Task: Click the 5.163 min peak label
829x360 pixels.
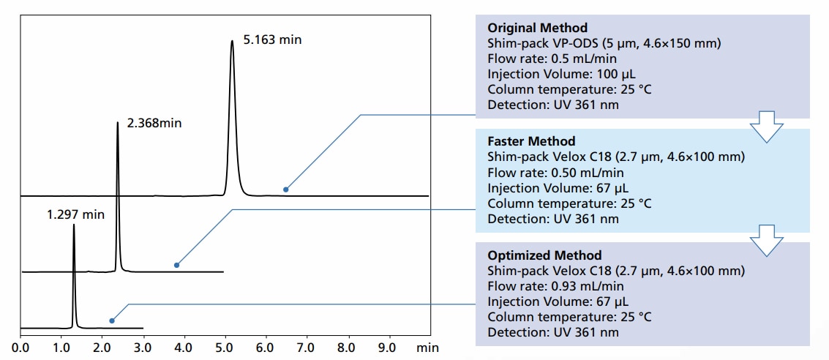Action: pos(272,40)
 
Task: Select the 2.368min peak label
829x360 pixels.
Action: pos(154,124)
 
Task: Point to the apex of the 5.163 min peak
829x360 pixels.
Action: pos(232,41)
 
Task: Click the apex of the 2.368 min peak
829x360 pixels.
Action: pos(117,122)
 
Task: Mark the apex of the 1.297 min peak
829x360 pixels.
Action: pos(74,225)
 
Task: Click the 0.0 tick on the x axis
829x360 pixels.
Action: pos(20,348)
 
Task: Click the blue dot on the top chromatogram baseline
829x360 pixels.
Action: pos(286,190)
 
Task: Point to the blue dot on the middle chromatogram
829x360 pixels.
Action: pos(176,265)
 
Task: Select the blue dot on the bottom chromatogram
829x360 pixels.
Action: pos(111,320)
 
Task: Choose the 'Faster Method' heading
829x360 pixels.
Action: pos(531,141)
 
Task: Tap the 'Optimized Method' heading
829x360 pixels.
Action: pos(544,255)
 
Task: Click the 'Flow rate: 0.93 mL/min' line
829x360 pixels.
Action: pos(555,286)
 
